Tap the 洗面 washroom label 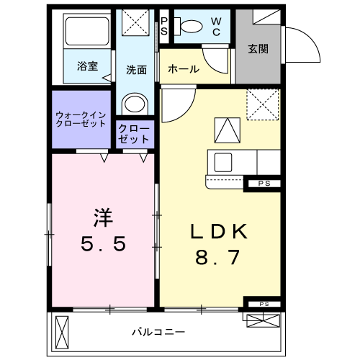(137, 70)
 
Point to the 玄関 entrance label (258, 48)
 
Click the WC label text (215, 26)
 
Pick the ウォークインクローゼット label (82, 120)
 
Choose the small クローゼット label (136, 133)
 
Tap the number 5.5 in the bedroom (102, 243)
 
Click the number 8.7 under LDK (219, 257)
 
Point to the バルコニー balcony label (158, 332)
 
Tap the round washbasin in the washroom (135, 104)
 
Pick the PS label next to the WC (164, 26)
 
